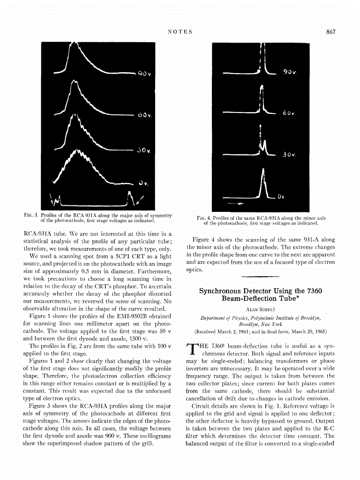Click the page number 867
(331, 32)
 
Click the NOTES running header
(180, 32)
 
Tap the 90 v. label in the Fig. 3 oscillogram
(142, 74)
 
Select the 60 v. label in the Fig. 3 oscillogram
(142, 115)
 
